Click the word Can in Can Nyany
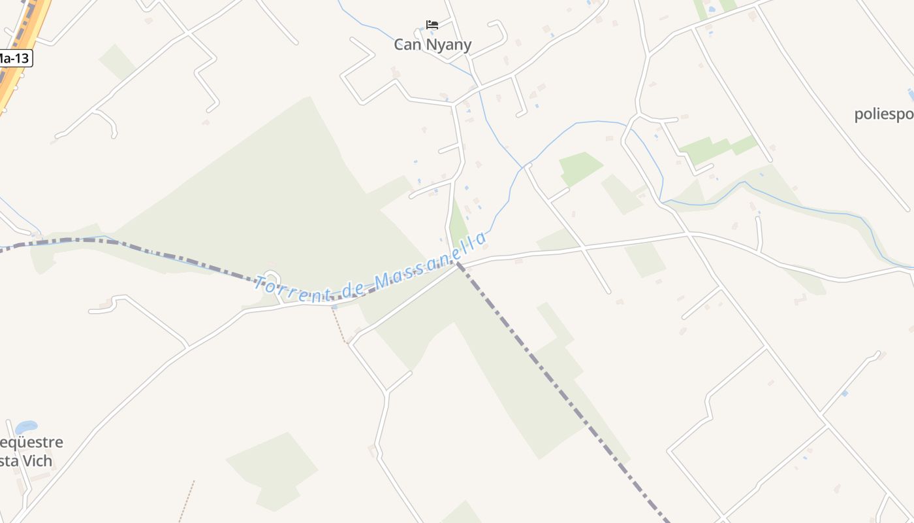pyautogui.click(x=407, y=44)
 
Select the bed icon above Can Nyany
pyautogui.click(x=432, y=25)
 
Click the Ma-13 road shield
pyautogui.click(x=14, y=58)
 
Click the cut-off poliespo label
pyautogui.click(x=884, y=114)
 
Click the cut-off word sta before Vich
pyautogui.click(x=8, y=460)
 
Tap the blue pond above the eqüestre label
pyautogui.click(x=26, y=428)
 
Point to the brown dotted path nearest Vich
pyautogui.click(x=187, y=501)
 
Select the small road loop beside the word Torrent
pyautogui.click(x=270, y=277)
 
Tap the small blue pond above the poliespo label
pyautogui.click(x=911, y=95)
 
